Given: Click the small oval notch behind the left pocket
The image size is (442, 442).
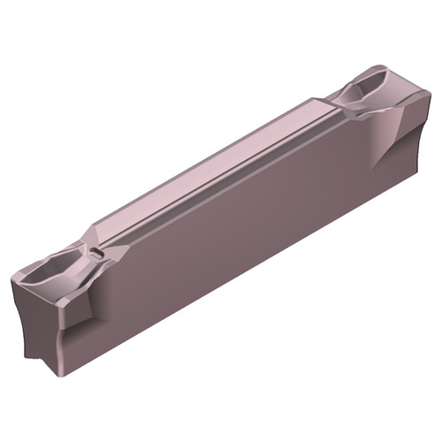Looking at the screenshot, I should (95, 254).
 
